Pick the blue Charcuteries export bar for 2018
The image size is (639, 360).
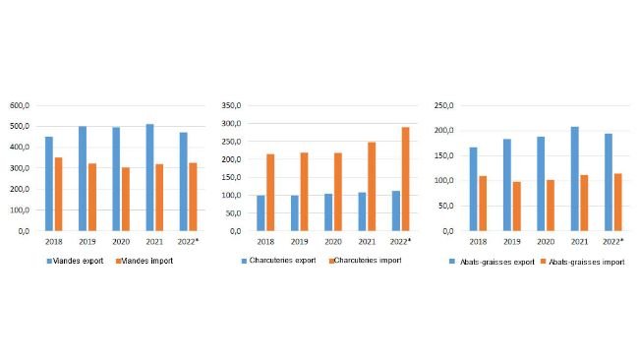(x=261, y=212)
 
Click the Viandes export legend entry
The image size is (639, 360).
(x=75, y=261)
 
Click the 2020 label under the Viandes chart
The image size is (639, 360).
(x=121, y=241)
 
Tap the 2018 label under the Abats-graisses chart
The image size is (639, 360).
(x=478, y=241)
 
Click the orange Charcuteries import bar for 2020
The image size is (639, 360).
(x=337, y=192)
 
